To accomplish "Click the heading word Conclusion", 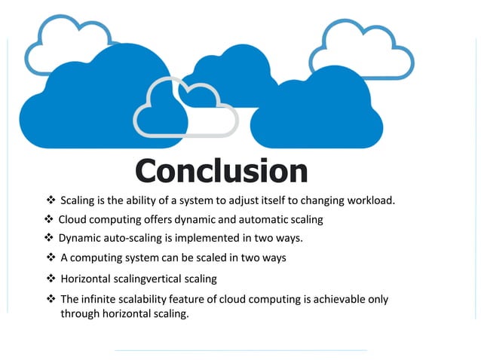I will coord(221,171).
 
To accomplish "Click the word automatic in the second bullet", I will coord(247,220).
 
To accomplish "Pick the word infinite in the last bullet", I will coord(97,299).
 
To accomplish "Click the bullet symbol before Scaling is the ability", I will coord(51,200).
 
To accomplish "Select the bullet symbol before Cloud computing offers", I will coord(49,220).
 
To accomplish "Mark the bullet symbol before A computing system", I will coord(51,258).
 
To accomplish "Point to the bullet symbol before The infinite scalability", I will coord(51,299).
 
